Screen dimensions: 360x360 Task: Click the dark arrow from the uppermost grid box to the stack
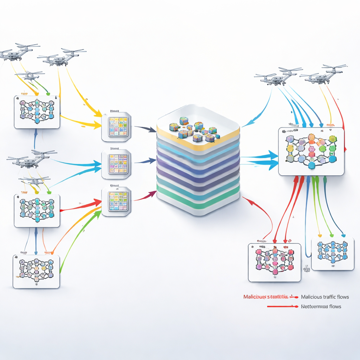click(145, 129)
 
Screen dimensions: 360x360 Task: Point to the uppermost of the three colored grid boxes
click(116, 127)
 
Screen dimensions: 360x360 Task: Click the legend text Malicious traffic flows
click(325, 297)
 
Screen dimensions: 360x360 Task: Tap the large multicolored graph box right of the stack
click(311, 152)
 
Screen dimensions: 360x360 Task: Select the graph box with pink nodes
click(275, 262)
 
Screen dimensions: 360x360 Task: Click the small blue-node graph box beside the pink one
click(333, 254)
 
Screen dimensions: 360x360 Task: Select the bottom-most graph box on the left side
click(36, 271)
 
